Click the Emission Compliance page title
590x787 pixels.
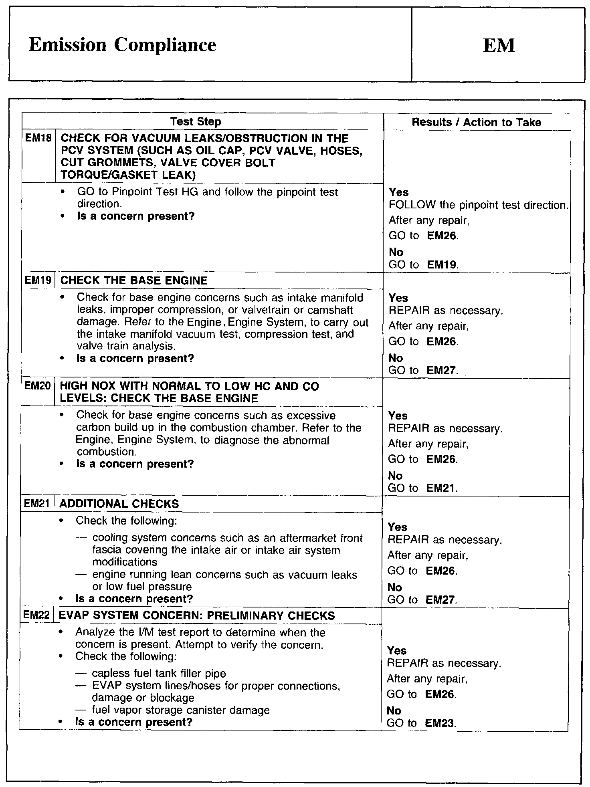coord(122,45)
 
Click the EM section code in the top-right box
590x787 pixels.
coord(499,45)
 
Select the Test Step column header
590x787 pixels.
coord(196,122)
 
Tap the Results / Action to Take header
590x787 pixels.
coord(476,122)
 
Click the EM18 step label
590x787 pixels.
coord(38,139)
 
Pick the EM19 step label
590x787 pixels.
coord(38,280)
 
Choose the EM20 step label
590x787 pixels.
coord(37,386)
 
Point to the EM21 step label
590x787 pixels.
coord(37,504)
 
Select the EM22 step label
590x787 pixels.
coord(36,615)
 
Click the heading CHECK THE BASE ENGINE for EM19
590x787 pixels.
coord(134,280)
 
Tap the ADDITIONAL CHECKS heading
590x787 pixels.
coord(119,504)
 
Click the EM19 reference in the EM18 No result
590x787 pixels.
coord(442,265)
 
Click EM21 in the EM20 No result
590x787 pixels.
coord(441,488)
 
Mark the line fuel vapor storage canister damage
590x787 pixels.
coord(181,710)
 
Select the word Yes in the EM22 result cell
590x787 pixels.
coord(397,651)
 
